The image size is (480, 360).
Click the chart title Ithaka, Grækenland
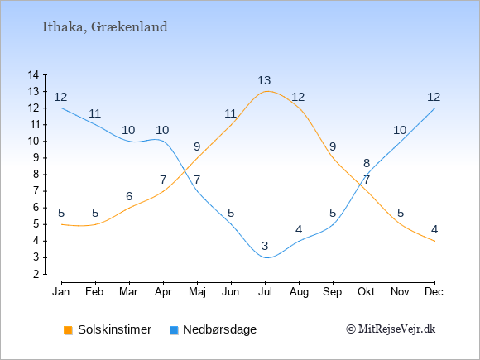(x=105, y=27)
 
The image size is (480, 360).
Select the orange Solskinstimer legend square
(x=68, y=330)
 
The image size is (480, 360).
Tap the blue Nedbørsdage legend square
(x=174, y=330)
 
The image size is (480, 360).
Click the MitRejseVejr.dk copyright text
(x=391, y=329)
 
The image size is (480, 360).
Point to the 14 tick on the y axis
(x=33, y=74)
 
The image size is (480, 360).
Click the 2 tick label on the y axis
(x=36, y=274)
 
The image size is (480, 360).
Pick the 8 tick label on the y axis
(x=36, y=174)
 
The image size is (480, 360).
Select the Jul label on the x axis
(x=265, y=292)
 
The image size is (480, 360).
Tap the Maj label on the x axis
(x=197, y=292)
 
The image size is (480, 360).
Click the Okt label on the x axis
(x=367, y=292)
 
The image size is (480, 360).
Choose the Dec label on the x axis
(x=434, y=292)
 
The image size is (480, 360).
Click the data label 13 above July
(x=264, y=80)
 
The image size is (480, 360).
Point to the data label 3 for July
(x=265, y=246)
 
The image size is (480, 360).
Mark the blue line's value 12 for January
(x=60, y=97)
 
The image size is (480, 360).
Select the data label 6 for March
(x=129, y=196)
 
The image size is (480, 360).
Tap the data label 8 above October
(x=367, y=163)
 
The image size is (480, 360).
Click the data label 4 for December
(x=434, y=229)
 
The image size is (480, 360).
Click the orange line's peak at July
(x=267, y=91)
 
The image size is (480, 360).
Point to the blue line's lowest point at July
(x=267, y=257)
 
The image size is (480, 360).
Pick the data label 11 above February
(x=95, y=113)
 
